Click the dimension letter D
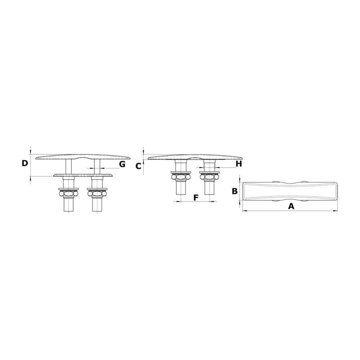click(x=24, y=163)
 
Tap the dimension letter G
click(x=122, y=164)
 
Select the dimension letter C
click(x=138, y=166)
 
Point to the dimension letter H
click(x=239, y=164)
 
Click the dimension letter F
click(x=196, y=198)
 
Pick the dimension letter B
click(x=235, y=191)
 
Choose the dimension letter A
click(x=291, y=206)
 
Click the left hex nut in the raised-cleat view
click(x=69, y=194)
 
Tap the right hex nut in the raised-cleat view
click(x=97, y=194)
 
